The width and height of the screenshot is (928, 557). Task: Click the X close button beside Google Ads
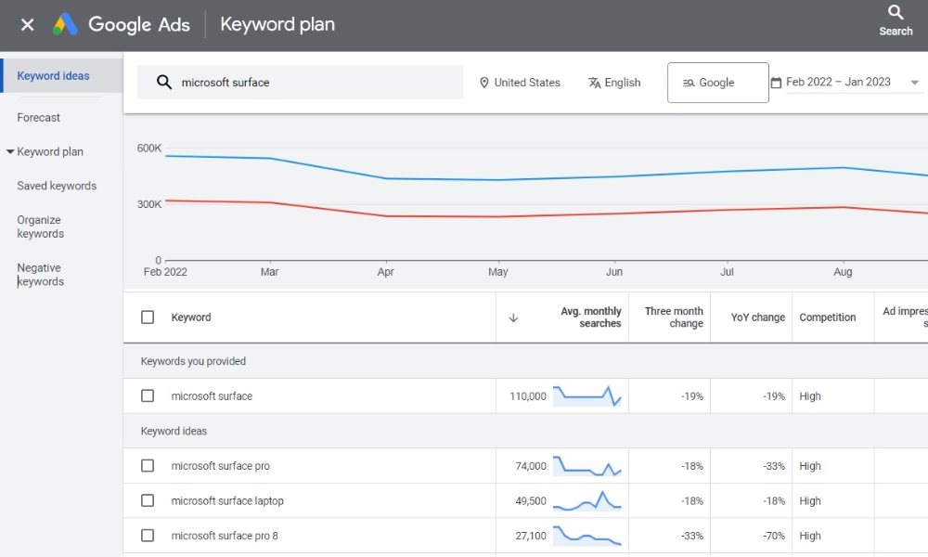coord(27,24)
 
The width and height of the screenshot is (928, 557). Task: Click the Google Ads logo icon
coord(65,24)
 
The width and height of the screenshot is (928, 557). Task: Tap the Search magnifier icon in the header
coord(896,12)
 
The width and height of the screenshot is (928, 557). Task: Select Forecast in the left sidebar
coord(38,117)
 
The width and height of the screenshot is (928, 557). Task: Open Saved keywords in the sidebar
coord(57,186)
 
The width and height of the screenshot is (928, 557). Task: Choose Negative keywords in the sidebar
coord(40,275)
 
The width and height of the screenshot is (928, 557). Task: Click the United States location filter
coord(520,83)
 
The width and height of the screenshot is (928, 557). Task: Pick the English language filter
coord(614,83)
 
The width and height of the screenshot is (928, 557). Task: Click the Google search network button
coord(718,83)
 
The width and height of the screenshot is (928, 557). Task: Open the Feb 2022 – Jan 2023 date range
coord(844,83)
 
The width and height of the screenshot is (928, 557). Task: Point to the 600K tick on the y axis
coord(149,148)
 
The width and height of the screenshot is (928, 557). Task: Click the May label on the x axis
coord(497,272)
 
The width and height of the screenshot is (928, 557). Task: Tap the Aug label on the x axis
coord(843,272)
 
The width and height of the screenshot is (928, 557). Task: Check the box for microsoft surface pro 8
coord(148,536)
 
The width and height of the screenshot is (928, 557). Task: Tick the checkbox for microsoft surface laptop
coord(148,500)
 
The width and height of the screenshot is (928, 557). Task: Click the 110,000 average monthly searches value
coord(528,396)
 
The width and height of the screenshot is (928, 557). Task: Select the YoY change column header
coord(757,317)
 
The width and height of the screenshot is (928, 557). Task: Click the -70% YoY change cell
coord(774,536)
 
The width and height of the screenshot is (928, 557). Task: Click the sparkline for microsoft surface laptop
coord(587,500)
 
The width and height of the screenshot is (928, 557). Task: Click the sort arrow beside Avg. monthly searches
coord(513,317)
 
